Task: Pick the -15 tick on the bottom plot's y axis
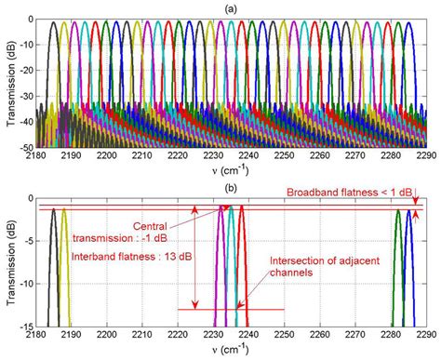tap(31, 323)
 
